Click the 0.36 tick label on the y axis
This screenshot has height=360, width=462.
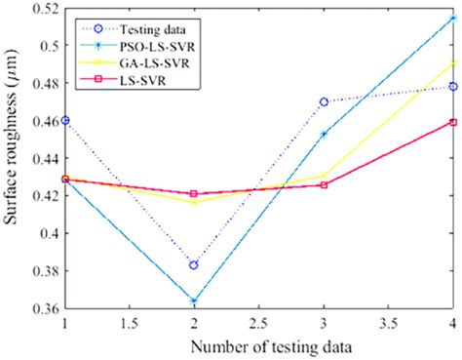43,309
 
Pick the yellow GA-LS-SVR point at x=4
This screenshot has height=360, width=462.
454,63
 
